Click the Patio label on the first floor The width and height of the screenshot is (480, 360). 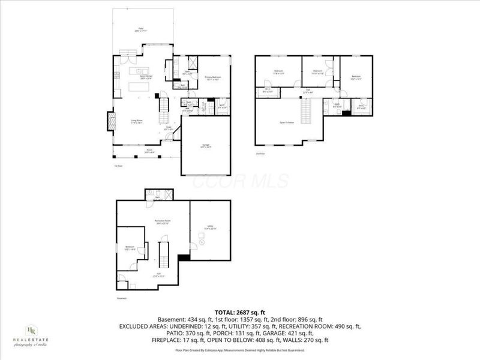141,29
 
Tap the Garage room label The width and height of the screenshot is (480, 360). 205,146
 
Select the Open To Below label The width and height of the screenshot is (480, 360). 287,121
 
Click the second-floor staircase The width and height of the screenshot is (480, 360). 307,111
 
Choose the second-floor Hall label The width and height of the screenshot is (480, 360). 307,91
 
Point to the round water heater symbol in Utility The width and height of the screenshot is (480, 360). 202,242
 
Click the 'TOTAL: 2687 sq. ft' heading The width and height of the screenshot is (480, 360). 240,311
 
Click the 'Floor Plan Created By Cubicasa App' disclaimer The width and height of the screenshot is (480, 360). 240,349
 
